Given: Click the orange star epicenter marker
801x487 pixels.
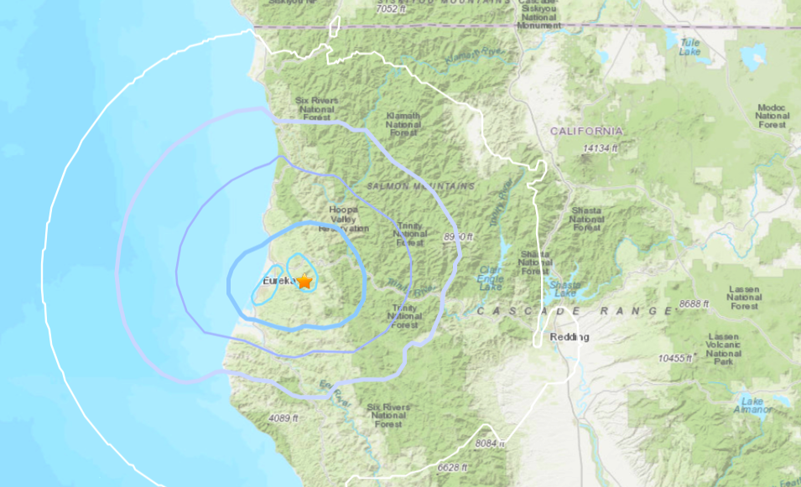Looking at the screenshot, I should point(304,282).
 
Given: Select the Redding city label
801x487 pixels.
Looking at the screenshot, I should point(569,337).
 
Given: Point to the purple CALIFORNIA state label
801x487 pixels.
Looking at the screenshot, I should point(586,132).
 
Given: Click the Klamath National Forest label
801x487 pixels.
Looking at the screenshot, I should point(403,125).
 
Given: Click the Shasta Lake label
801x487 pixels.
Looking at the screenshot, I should point(564,288).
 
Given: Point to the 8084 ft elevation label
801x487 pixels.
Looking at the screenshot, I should point(492,442).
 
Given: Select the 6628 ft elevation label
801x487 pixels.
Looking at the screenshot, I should point(453,467).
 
